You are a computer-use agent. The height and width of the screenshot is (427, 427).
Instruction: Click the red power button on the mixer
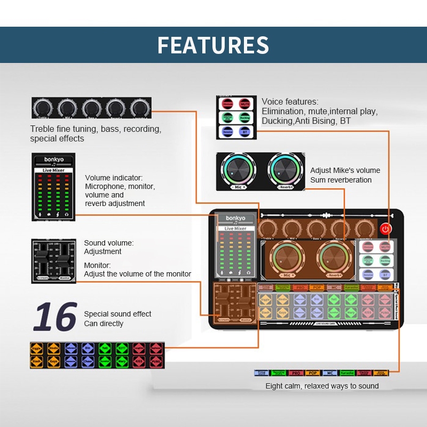385,228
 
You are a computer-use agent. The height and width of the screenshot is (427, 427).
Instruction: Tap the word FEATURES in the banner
213,45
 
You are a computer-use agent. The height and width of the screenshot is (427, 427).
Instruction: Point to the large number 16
55,317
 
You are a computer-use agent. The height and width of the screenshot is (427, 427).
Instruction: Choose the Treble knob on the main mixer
269,228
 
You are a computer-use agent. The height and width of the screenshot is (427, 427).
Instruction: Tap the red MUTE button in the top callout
244,104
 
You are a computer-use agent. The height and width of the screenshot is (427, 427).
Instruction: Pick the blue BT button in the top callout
244,131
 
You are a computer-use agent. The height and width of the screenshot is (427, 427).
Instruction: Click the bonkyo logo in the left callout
53,160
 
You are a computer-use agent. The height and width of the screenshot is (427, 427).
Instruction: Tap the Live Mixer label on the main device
235,228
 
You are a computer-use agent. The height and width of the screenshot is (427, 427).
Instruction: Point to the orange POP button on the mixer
317,288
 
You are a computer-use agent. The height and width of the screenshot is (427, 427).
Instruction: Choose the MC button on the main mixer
334,288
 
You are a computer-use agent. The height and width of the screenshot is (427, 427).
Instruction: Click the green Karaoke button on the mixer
351,288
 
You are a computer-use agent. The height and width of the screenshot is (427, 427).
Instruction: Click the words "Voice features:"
290,101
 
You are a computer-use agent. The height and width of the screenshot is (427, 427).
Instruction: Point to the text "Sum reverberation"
341,180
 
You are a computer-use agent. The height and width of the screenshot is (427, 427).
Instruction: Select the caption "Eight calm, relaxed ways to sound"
322,386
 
